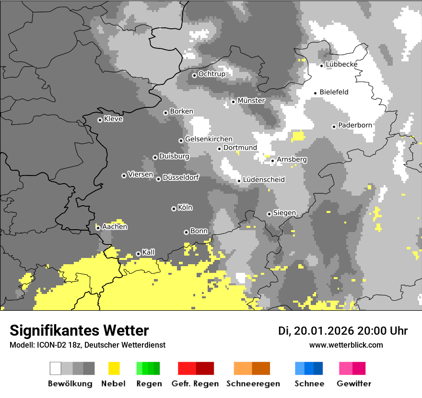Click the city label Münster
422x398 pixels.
[251, 101]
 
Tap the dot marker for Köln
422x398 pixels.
[174, 209]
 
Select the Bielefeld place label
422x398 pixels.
[334, 92]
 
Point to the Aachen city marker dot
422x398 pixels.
[98, 228]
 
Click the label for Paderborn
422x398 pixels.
[355, 125]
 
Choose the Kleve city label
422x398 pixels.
[113, 119]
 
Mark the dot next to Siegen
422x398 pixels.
[269, 214]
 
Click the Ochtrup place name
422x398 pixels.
[211, 74]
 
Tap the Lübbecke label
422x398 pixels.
[341, 64]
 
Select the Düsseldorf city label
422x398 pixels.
[180, 177]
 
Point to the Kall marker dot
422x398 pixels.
[138, 254]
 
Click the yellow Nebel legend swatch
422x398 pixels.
[114, 368]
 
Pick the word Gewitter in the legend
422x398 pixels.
[354, 384]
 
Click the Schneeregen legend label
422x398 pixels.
[253, 384]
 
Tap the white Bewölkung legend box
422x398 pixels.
[56, 368]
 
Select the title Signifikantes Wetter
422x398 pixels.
[79, 330]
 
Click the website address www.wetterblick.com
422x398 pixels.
[346, 345]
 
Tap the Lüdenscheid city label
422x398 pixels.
[264, 180]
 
